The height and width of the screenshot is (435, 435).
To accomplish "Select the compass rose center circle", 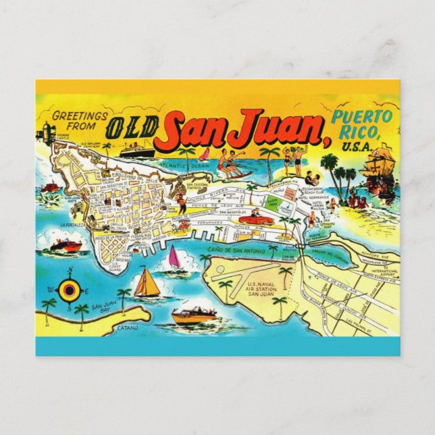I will click(x=70, y=290).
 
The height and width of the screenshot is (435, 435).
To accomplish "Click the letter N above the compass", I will click(x=70, y=272).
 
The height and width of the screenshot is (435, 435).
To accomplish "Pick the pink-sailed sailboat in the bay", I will click(x=174, y=257).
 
